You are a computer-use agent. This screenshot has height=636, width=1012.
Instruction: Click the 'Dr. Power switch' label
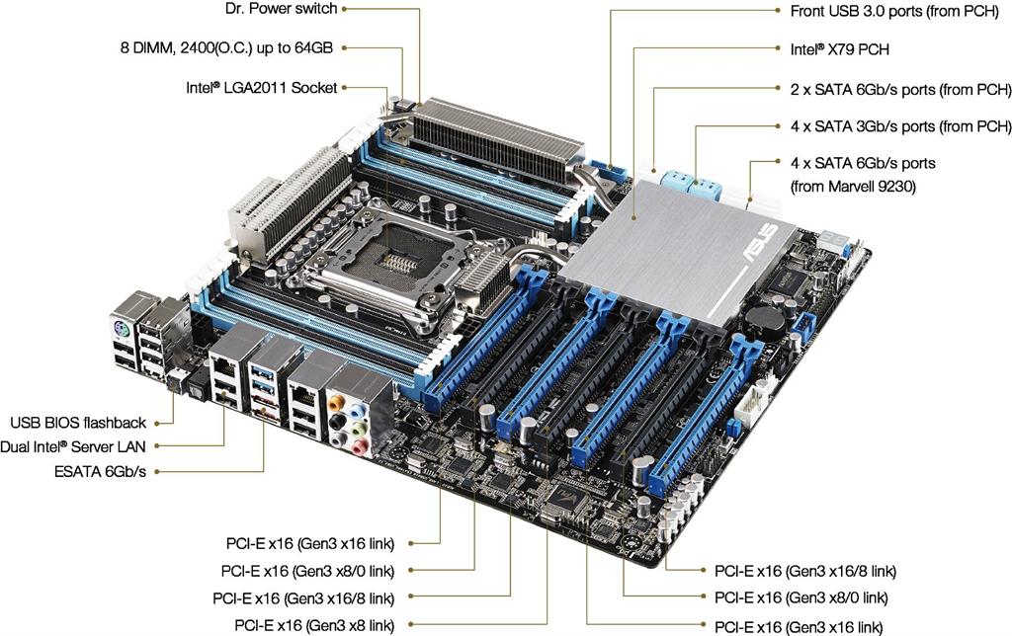[281, 9]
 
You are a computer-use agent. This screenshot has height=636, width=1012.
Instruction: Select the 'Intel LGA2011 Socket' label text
[261, 88]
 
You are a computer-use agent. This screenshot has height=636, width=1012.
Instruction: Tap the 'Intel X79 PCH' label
[839, 49]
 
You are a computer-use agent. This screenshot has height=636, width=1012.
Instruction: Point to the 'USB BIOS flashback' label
[78, 423]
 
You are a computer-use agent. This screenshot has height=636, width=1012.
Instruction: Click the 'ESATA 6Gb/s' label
[100, 472]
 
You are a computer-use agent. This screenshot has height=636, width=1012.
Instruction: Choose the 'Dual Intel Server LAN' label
[73, 447]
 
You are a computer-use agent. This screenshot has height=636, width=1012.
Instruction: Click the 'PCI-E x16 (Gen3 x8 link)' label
[314, 625]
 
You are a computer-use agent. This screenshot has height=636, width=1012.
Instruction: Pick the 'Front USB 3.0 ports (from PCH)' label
[894, 12]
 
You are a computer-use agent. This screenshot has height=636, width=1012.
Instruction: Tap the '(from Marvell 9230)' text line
[853, 187]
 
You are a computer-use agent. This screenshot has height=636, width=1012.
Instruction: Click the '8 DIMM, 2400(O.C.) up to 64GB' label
[226, 48]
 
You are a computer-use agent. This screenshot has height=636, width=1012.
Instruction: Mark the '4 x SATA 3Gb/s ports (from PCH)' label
[901, 126]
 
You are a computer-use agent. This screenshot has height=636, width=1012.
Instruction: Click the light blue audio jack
[355, 410]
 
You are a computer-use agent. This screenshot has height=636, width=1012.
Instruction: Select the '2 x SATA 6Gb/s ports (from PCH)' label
[901, 90]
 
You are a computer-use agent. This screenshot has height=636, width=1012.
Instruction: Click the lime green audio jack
[361, 428]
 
